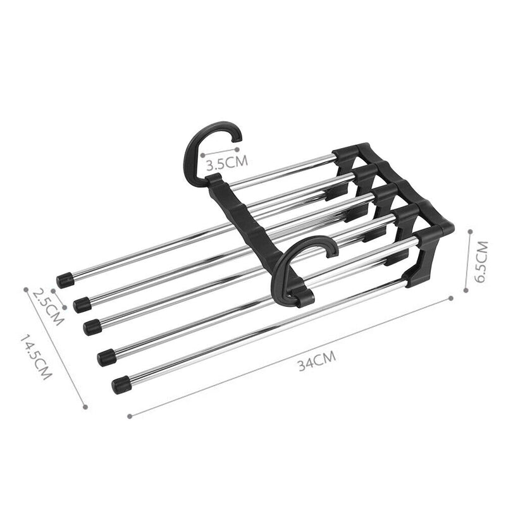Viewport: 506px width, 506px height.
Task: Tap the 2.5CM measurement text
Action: (x=48, y=307)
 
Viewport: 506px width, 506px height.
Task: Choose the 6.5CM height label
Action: (x=483, y=261)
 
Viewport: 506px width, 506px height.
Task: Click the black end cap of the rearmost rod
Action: (x=63, y=280)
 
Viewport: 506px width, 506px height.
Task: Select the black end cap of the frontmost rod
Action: (x=121, y=384)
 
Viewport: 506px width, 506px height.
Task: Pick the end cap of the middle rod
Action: (x=92, y=326)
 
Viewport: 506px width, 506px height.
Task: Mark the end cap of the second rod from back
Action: (x=81, y=305)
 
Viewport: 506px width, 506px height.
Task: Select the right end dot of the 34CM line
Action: (x=452, y=296)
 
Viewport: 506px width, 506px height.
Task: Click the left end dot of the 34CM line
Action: (x=129, y=416)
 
